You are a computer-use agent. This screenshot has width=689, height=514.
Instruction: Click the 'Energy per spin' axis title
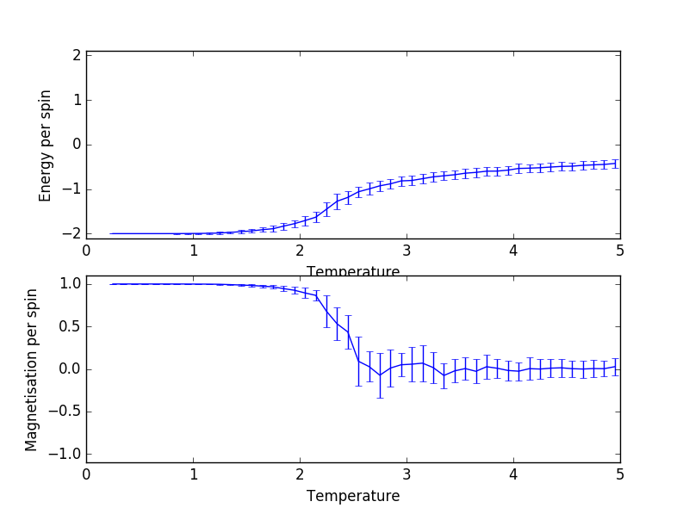(x=46, y=146)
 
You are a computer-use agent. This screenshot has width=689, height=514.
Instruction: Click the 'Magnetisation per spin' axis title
(x=32, y=369)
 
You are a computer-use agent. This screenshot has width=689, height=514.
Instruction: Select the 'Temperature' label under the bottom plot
(x=353, y=496)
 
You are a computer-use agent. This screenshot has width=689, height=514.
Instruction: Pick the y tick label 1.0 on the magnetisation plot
(x=70, y=284)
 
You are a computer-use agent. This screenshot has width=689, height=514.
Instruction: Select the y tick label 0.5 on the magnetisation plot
(x=70, y=326)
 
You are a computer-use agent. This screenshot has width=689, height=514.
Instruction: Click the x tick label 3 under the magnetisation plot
(x=407, y=474)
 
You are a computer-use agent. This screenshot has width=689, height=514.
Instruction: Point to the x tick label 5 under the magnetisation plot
(x=620, y=474)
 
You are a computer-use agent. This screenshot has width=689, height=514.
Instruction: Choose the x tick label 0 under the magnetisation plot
(x=86, y=474)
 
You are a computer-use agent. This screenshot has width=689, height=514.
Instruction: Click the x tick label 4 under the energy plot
(x=513, y=251)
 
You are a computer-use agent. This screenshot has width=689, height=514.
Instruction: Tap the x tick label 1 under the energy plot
(x=193, y=251)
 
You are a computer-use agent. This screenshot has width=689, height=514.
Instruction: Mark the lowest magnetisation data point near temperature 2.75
(x=380, y=375)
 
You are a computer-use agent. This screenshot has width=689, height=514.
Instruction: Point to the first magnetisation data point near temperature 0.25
(x=113, y=284)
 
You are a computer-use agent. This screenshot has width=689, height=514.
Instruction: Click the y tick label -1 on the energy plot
(x=73, y=189)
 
